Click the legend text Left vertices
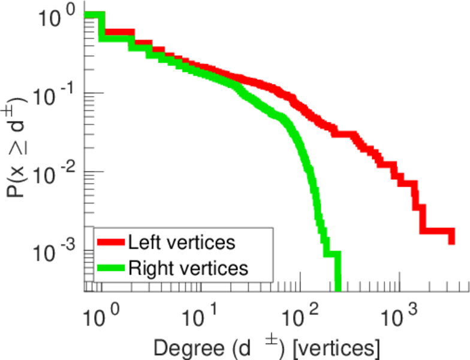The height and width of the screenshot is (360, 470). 182,242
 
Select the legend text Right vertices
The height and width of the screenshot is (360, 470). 188,267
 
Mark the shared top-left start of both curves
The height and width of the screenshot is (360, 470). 87,16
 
